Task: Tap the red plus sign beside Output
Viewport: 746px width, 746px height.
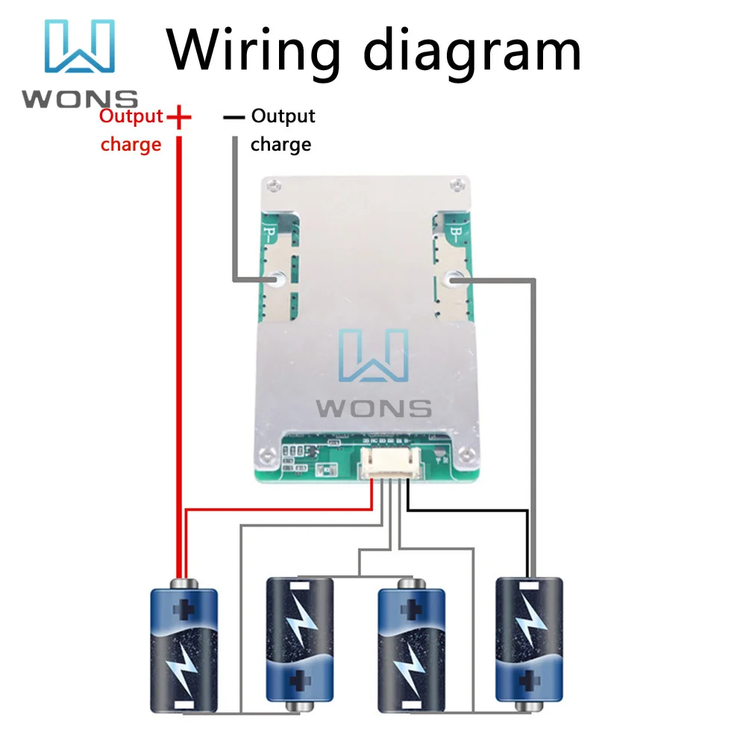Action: [179, 117]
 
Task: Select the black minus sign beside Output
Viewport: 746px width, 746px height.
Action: [233, 117]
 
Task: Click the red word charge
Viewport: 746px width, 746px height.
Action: [131, 144]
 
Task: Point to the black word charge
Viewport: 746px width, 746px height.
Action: [280, 144]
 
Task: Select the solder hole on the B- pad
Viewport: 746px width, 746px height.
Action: [454, 279]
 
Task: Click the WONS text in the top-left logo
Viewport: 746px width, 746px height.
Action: [79, 98]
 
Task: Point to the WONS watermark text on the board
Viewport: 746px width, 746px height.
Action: [374, 408]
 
